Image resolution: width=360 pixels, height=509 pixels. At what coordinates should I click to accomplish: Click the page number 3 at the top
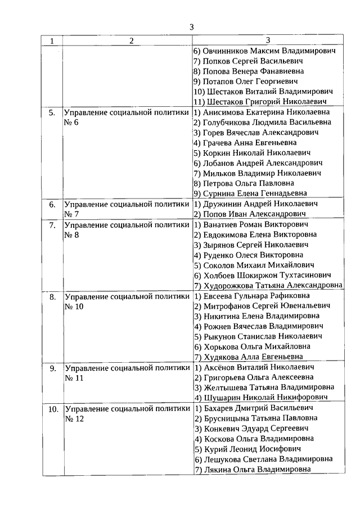[x=192, y=26]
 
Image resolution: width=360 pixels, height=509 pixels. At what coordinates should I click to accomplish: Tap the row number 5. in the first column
[x=52, y=112]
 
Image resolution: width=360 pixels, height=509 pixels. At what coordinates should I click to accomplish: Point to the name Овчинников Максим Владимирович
[x=268, y=51]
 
